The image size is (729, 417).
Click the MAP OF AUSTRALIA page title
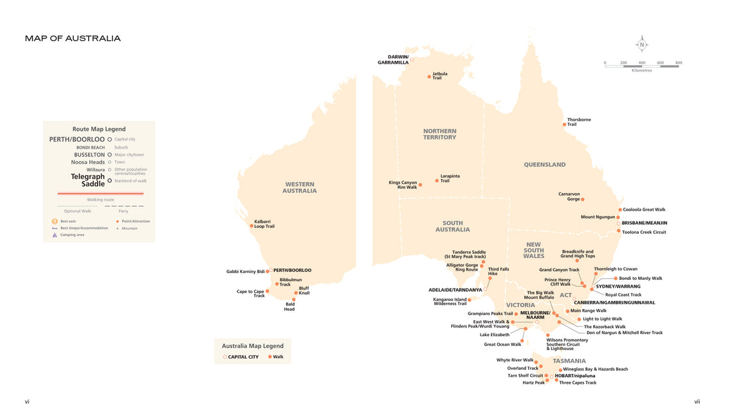[x=73, y=38]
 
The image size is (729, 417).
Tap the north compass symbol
[x=642, y=45]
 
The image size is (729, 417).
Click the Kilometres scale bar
[x=642, y=66]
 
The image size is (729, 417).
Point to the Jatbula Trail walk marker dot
[x=429, y=76]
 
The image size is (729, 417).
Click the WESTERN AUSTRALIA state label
[x=300, y=188]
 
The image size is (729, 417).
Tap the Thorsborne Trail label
[x=579, y=122]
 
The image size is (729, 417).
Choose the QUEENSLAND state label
[x=545, y=164]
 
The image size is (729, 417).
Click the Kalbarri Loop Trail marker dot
[x=251, y=225]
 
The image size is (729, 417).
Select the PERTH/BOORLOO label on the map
[x=292, y=270]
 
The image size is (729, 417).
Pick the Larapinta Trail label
[x=450, y=178]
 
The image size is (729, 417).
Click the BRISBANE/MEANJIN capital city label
[x=644, y=223]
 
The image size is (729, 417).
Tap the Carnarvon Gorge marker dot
[x=583, y=199]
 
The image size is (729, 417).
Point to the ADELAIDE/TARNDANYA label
[x=455, y=290]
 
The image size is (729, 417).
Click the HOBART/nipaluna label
[x=575, y=376]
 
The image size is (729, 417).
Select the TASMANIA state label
[x=569, y=361]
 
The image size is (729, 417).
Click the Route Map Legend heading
[x=99, y=129]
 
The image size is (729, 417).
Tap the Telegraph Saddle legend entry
[x=88, y=180]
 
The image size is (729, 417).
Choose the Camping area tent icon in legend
[x=55, y=235]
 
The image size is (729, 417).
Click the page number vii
[x=697, y=401]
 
